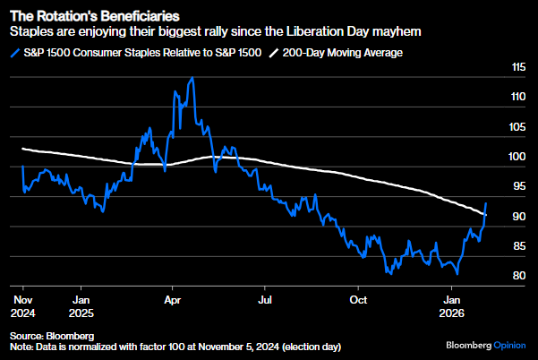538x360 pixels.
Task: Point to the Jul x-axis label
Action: point(264,298)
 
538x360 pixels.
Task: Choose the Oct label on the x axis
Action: point(359,298)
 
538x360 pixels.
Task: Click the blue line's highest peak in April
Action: point(192,78)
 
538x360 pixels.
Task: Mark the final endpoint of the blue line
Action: point(486,203)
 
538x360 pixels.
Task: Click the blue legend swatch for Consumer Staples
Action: point(13,53)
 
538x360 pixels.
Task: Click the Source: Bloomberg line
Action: point(51,334)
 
